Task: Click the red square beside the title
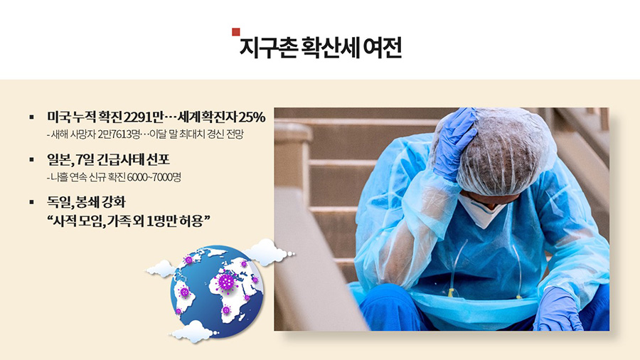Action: pyautogui.click(x=236, y=32)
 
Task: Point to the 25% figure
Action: pyautogui.click(x=252, y=117)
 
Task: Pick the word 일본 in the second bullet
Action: pyautogui.click(x=59, y=159)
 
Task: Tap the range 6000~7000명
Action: pyautogui.click(x=154, y=177)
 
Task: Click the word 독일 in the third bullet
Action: pyautogui.click(x=59, y=202)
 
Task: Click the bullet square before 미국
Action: pyautogui.click(x=32, y=117)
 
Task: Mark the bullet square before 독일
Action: pyautogui.click(x=32, y=202)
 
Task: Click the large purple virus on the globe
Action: pyautogui.click(x=225, y=281)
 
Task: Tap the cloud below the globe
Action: pyautogui.click(x=194, y=331)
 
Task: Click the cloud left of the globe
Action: pyautogui.click(x=161, y=268)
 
